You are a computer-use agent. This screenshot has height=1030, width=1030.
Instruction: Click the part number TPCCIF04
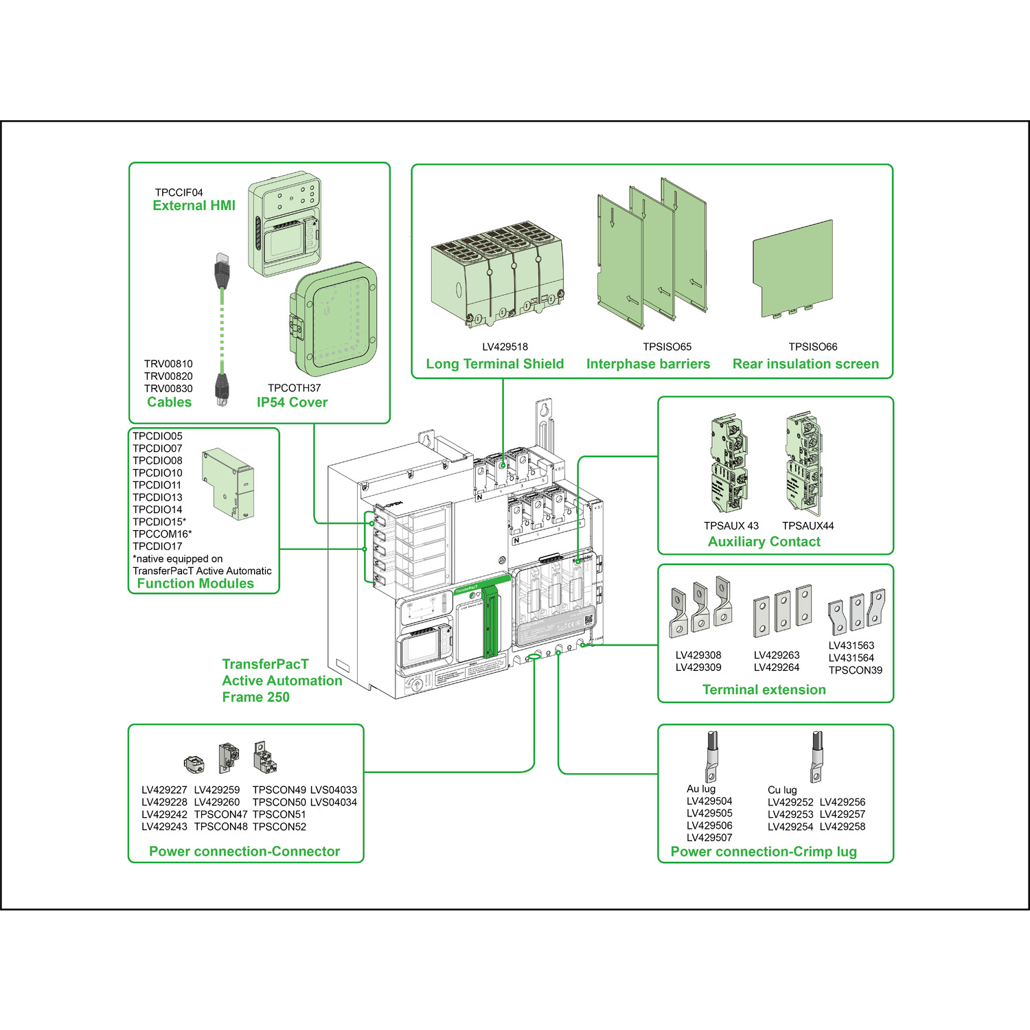click(x=179, y=192)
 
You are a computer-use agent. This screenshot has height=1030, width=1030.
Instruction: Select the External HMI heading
click(x=194, y=205)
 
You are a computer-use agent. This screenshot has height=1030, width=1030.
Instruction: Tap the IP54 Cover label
click(x=292, y=402)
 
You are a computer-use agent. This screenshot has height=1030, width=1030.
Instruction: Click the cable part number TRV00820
click(x=168, y=376)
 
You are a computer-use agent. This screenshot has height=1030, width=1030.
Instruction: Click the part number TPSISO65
click(x=667, y=347)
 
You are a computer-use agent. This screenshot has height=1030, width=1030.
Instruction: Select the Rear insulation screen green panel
click(x=793, y=269)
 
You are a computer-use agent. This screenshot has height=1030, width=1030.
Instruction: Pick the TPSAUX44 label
click(x=808, y=526)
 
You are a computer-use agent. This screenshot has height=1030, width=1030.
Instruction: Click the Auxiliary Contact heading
click(x=764, y=542)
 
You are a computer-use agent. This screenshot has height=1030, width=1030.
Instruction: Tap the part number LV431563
click(x=851, y=645)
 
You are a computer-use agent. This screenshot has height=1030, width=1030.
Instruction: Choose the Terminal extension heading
click(x=764, y=689)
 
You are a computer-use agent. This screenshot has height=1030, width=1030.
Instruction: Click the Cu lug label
click(x=782, y=790)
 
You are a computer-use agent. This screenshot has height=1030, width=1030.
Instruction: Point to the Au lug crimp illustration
click(x=711, y=756)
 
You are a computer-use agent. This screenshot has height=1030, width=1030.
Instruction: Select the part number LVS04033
click(x=334, y=790)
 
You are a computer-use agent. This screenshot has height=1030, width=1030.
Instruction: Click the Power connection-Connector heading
click(x=244, y=851)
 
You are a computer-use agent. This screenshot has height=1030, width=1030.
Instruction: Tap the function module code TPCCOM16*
click(x=162, y=534)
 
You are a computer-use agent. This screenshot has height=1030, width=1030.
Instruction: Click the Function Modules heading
click(x=195, y=584)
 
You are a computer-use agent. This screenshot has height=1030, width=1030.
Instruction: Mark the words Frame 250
click(x=255, y=697)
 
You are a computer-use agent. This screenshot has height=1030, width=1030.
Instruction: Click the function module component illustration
click(x=229, y=483)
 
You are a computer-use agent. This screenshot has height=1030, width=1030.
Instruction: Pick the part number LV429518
click(x=505, y=347)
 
